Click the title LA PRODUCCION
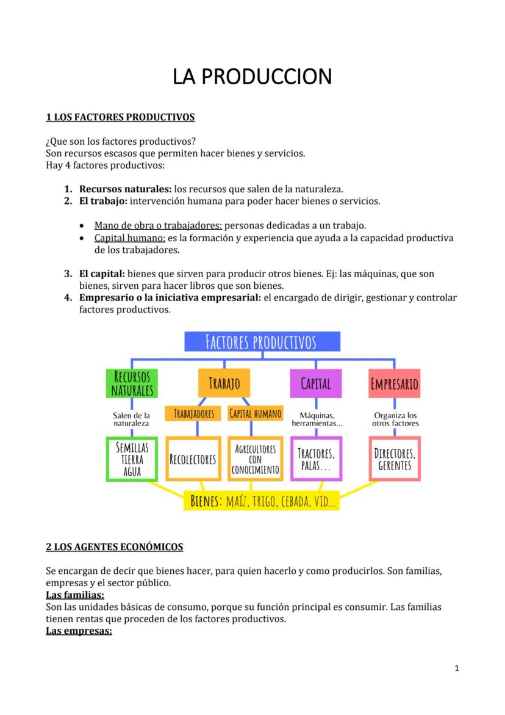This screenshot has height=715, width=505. tap(252, 77)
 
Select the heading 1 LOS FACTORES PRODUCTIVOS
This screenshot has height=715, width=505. tap(120, 117)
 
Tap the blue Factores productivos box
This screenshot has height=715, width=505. tap(262, 342)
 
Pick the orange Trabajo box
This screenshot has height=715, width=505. tap(224, 383)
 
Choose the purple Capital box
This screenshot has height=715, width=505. tap(315, 383)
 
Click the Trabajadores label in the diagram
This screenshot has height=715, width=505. tap(193, 414)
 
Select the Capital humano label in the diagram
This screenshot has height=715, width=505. tap(256, 414)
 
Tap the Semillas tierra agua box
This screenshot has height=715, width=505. tap(132, 459)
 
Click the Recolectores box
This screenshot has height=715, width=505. tap(193, 459)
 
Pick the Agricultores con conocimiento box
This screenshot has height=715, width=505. tap(256, 459)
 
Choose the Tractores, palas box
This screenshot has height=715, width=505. tap(316, 459)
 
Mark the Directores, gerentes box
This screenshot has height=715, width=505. tap(395, 459)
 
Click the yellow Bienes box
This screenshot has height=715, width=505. tap(262, 502)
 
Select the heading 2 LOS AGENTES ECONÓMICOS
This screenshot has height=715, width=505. tap(115, 547)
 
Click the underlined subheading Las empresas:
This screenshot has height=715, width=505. tap(79, 631)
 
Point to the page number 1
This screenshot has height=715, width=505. tap(457, 668)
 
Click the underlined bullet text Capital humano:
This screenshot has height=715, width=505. tap(130, 238)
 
